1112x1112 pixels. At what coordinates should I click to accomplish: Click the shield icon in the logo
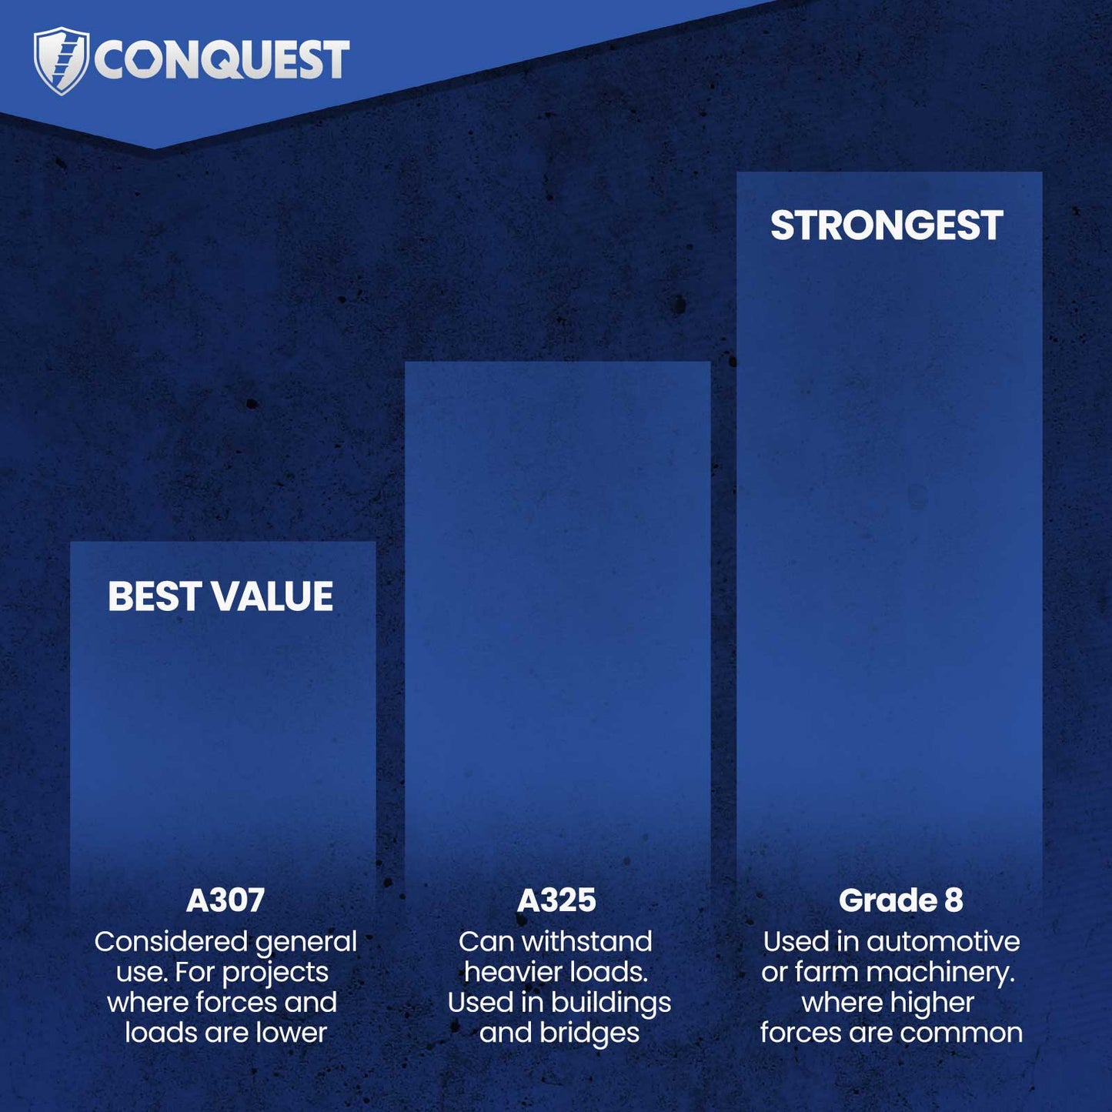[61, 60]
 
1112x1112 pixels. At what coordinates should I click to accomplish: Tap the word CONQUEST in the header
[222, 60]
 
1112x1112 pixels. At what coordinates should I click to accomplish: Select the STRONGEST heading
[887, 225]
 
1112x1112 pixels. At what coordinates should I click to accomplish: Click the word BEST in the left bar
[154, 596]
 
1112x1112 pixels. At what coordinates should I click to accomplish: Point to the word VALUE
[272, 596]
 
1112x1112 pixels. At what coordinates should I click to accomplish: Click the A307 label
[225, 900]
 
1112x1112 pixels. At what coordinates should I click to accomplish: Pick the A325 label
[556, 900]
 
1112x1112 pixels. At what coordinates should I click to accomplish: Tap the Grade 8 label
[900, 900]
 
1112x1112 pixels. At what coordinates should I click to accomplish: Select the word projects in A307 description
[275, 973]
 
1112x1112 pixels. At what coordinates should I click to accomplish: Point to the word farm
[826, 972]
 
